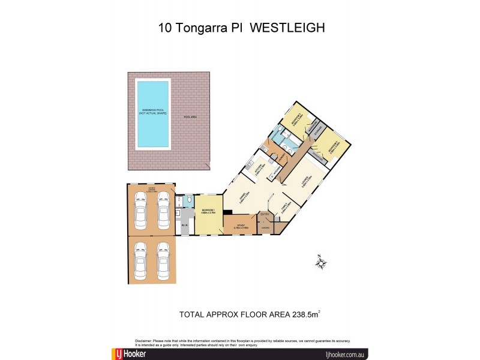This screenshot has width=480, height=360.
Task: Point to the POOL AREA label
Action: tap(192, 118)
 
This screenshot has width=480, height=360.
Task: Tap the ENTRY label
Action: tap(264, 214)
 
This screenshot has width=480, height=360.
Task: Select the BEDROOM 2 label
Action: tap(330, 146)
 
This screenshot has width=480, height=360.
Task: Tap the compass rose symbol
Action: tap(321, 261)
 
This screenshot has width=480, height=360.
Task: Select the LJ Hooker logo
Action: tap(129, 353)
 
